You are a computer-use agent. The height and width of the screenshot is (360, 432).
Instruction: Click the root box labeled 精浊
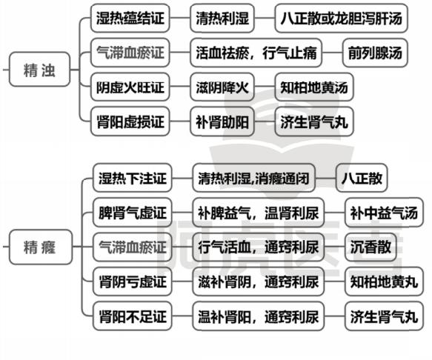[x=40, y=70]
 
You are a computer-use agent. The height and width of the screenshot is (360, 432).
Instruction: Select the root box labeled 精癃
[x=41, y=247]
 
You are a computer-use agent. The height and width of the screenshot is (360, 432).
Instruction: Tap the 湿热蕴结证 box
[x=130, y=19]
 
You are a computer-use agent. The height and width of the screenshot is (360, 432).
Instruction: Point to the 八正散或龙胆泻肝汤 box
[x=342, y=19]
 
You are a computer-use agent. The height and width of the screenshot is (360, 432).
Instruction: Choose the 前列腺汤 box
[x=375, y=53]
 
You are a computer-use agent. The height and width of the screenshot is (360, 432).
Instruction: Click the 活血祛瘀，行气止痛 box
[x=256, y=53]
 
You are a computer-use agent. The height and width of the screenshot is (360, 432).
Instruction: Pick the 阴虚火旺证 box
[x=130, y=87]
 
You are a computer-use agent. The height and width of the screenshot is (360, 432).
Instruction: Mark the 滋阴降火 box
[x=222, y=87]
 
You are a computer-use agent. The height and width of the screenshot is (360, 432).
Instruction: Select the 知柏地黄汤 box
[x=314, y=87]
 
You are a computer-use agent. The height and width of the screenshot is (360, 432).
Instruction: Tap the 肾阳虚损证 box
[x=130, y=121]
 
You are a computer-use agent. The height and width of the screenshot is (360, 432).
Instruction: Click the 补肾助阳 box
[x=222, y=121]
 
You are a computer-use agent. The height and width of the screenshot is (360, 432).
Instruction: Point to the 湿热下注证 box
[x=133, y=178]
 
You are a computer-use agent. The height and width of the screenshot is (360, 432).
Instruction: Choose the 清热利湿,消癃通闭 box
[x=253, y=178]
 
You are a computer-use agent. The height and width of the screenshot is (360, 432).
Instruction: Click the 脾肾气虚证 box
[x=133, y=213]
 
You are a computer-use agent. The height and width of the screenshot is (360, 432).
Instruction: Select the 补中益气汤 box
[x=384, y=213]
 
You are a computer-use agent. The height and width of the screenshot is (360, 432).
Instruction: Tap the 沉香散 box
[x=370, y=247]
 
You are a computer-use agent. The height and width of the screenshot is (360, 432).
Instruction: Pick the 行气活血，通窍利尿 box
[x=259, y=247]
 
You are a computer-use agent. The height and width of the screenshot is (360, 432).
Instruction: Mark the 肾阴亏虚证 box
[x=133, y=281]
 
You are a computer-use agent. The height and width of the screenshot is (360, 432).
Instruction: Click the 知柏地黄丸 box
[x=384, y=281]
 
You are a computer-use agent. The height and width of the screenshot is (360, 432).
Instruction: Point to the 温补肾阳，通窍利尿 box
[x=259, y=316]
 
